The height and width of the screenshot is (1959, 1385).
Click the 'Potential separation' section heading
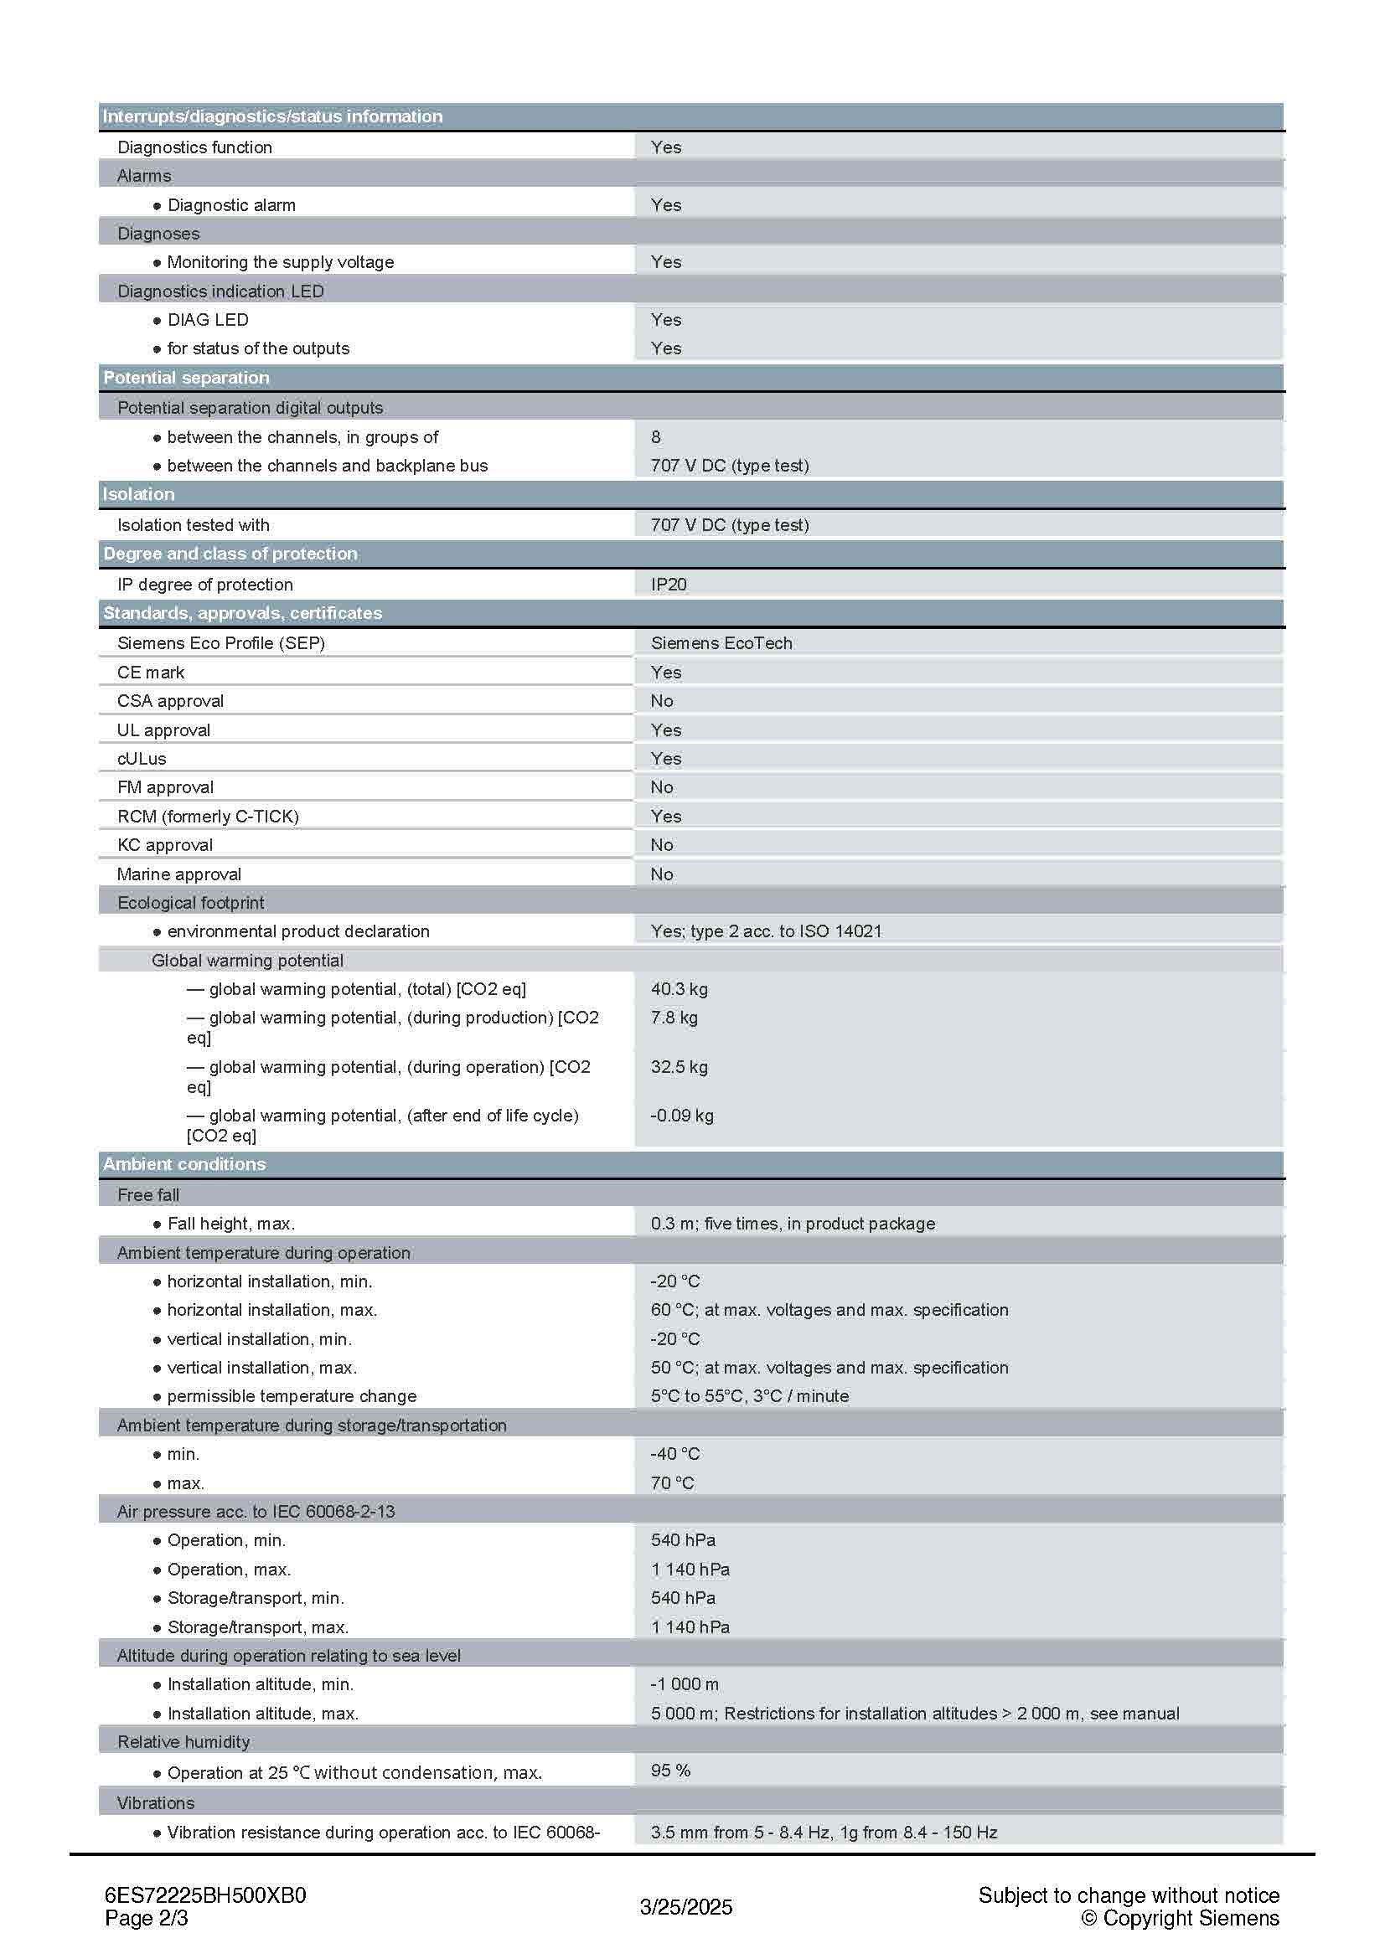(x=186, y=377)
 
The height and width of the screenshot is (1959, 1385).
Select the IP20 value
(x=668, y=585)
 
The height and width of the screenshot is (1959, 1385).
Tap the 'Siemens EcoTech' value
(x=721, y=642)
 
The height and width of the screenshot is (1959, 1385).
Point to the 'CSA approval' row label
(x=170, y=700)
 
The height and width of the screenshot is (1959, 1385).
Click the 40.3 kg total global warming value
(x=679, y=989)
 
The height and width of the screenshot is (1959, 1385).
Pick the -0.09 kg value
(x=681, y=1115)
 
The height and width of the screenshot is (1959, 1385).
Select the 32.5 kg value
(x=679, y=1066)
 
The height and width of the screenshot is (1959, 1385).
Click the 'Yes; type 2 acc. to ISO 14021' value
(x=766, y=931)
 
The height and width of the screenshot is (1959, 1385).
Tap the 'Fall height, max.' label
(x=230, y=1224)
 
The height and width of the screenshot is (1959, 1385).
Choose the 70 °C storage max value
(x=672, y=1483)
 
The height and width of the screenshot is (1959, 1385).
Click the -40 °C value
(x=674, y=1454)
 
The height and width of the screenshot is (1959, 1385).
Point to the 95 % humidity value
(x=670, y=1771)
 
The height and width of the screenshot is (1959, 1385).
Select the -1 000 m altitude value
(x=684, y=1684)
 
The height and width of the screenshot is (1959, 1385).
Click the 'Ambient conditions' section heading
(x=184, y=1164)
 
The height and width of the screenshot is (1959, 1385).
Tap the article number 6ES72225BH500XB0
(x=204, y=1895)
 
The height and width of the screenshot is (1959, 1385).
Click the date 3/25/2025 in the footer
(x=686, y=1907)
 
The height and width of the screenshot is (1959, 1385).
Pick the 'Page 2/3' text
(x=146, y=1918)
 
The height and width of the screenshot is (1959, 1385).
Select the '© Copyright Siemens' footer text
(x=1180, y=1918)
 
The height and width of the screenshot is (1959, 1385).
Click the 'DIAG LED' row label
(x=207, y=320)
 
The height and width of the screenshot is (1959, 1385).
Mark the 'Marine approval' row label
(x=178, y=874)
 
